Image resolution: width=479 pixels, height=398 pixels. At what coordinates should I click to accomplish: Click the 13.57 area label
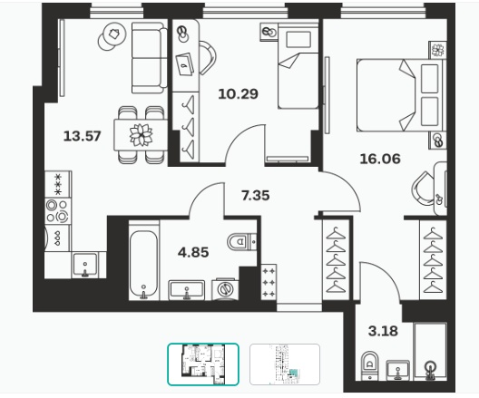point(82,136)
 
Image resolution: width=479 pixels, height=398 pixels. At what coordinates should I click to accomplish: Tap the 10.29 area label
point(239,93)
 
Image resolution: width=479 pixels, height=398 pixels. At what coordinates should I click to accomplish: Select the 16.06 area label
point(380,159)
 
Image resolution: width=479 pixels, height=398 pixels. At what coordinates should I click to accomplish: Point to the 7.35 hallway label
point(256,196)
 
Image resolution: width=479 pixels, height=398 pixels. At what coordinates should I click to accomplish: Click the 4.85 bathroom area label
point(193,252)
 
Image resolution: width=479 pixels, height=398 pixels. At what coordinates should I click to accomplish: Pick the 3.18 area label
point(383,331)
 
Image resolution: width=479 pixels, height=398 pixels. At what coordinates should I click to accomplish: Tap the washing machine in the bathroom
point(226,288)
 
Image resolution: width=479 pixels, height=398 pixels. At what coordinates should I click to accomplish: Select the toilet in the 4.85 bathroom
point(242,242)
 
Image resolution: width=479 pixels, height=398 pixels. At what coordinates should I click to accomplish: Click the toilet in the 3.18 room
point(369,365)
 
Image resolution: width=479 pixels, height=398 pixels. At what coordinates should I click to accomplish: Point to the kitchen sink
point(85,265)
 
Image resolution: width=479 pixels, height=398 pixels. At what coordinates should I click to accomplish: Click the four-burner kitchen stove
point(58,210)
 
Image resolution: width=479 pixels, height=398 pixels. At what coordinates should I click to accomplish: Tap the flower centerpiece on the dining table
point(141,134)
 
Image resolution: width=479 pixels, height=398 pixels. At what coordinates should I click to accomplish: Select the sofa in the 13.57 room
point(150,58)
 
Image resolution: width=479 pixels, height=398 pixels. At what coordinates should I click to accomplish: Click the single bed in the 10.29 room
point(298,66)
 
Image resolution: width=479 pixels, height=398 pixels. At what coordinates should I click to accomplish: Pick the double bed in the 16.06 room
point(401,95)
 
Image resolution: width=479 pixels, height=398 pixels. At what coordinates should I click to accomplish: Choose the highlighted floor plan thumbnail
point(203,364)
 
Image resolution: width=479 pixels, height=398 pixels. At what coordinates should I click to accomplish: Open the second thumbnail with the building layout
point(285,364)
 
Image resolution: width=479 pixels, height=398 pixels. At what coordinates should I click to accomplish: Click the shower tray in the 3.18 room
point(430,351)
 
